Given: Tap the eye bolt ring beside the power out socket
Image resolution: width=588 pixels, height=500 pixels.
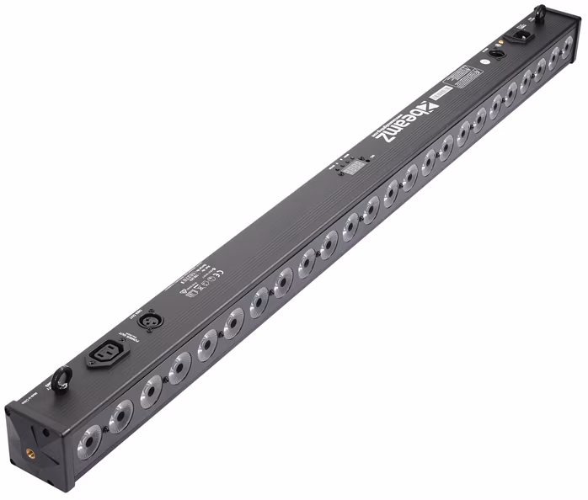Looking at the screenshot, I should click(x=61, y=380).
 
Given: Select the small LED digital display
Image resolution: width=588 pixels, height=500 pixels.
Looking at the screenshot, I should click(x=354, y=169).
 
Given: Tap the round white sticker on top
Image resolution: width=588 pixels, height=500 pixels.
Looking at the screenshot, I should click(x=487, y=64).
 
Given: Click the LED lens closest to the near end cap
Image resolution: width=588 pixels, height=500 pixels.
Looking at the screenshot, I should click(x=88, y=439).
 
